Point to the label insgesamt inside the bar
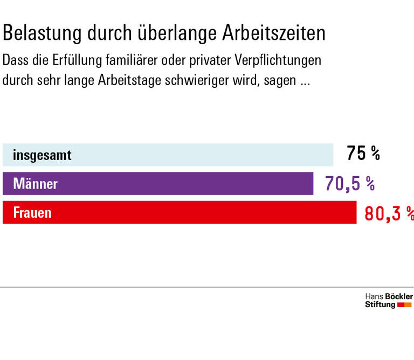(x=42, y=156)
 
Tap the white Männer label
(x=35, y=184)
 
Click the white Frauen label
(x=32, y=212)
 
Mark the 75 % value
(x=363, y=154)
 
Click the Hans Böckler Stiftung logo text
(x=388, y=301)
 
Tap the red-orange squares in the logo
(x=404, y=305)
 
